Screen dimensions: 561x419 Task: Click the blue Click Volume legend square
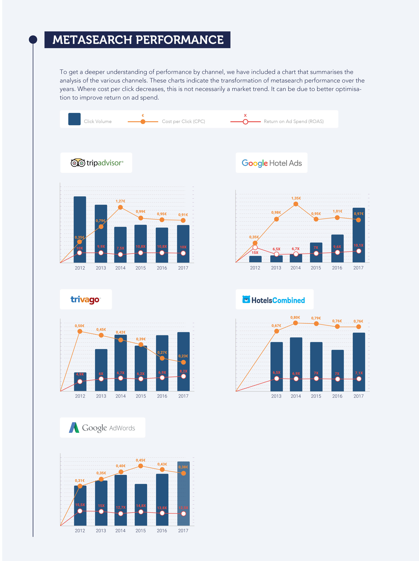pos(74,119)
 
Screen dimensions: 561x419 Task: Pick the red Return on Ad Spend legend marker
pos(245,122)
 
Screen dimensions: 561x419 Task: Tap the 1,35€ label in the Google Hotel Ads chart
pos(296,198)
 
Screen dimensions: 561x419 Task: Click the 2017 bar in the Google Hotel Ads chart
pos(359,233)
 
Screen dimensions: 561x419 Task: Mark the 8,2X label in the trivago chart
pos(183,371)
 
